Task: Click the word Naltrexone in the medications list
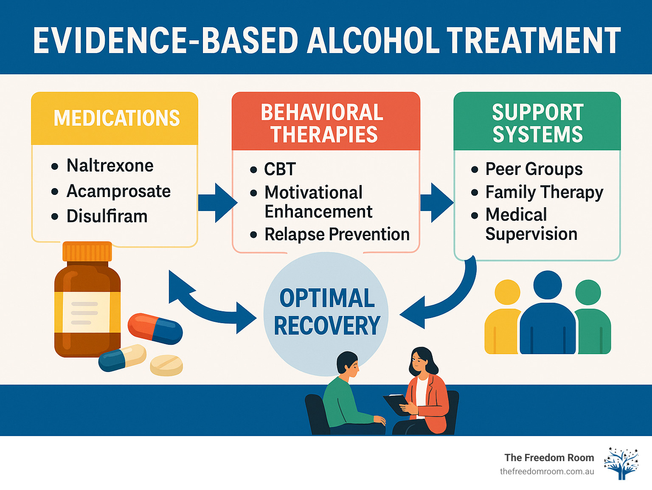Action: point(110,166)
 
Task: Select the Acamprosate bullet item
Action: point(118,191)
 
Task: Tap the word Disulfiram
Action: point(107,217)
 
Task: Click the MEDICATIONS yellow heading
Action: point(116,118)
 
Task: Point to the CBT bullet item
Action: point(280,169)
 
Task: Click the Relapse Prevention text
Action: point(337,234)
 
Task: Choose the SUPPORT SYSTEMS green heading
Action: point(537,123)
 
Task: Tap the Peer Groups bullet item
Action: point(534,169)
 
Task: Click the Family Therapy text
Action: point(544,192)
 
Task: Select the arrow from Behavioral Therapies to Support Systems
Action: point(436,203)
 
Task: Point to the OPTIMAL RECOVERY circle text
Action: point(327,312)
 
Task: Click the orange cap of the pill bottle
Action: point(87,251)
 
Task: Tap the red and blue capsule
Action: point(155,328)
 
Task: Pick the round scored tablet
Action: point(166,365)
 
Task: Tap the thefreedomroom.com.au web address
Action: point(547,471)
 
